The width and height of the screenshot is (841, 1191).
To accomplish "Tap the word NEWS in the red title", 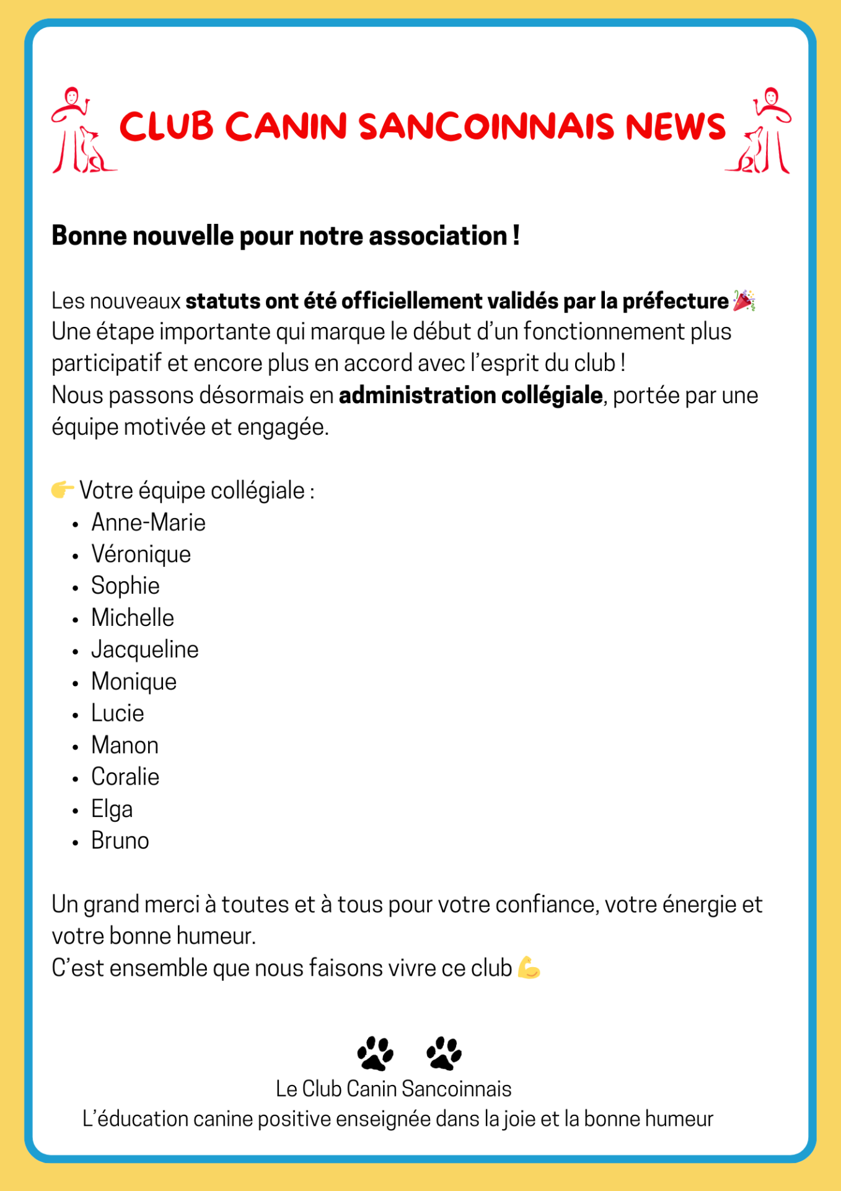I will [675, 127].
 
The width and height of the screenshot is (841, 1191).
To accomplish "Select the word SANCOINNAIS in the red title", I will [487, 127].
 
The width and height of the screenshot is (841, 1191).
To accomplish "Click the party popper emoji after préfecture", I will [744, 300].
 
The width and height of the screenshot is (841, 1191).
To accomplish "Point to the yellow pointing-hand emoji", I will [63, 489].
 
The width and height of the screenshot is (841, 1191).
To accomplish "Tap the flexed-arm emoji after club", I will [529, 968].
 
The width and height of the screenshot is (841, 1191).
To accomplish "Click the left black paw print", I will [376, 1053].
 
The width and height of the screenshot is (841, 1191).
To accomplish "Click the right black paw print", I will [444, 1053].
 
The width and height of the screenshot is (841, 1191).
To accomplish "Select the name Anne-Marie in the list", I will [148, 522].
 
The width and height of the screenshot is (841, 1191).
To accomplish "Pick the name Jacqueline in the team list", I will [145, 649].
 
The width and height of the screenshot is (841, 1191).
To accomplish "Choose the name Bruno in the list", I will [120, 841].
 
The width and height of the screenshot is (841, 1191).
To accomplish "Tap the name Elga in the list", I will [112, 809].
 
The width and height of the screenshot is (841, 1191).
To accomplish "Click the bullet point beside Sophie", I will [76, 587].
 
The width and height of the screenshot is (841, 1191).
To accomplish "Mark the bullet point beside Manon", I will [76, 746].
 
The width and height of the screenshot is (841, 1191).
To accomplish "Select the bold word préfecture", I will [675, 301].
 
